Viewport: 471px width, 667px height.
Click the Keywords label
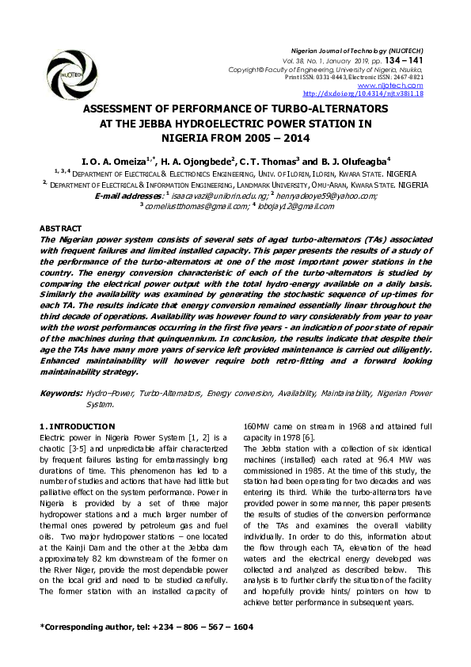pyautogui.click(x=61, y=393)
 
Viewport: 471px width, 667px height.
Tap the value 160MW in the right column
pyautogui.click(x=258, y=427)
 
